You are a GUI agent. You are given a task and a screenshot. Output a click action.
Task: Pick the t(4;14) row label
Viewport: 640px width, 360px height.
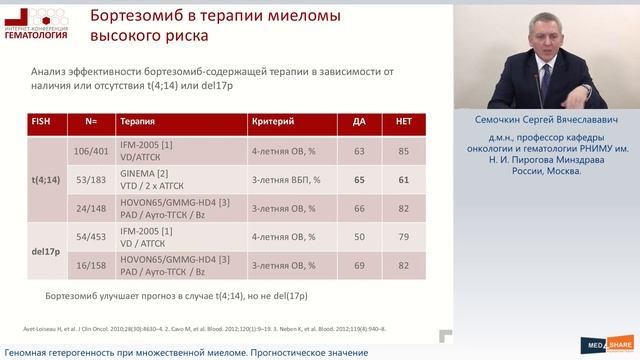tap(45, 182)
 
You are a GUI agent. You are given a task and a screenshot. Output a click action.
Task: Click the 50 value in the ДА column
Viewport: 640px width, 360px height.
tap(359, 237)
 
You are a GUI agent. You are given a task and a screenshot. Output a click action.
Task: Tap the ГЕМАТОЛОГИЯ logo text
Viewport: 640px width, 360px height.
tap(35, 35)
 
